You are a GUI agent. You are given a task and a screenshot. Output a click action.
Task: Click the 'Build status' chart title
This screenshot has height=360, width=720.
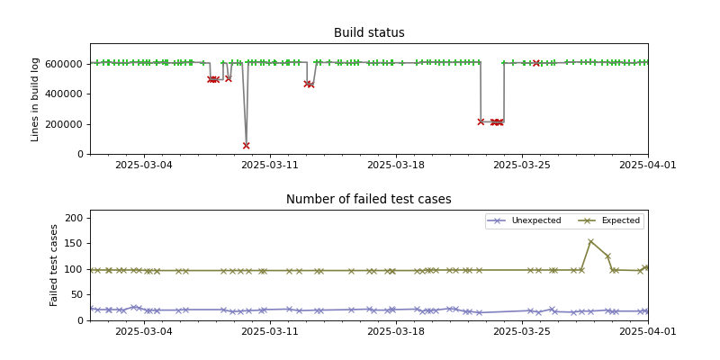(x=369, y=33)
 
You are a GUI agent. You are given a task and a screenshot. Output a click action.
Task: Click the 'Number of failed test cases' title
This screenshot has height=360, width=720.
(x=369, y=200)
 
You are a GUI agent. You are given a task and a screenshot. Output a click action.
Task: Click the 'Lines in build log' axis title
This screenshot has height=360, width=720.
(x=36, y=99)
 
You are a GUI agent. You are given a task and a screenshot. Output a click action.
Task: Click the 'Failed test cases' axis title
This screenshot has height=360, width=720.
(x=54, y=265)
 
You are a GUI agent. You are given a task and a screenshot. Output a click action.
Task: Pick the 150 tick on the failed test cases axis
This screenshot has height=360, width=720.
(x=74, y=244)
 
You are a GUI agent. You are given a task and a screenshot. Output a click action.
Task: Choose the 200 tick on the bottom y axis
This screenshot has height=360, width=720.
(x=74, y=218)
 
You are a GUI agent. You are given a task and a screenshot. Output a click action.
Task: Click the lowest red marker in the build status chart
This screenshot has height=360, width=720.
(x=246, y=145)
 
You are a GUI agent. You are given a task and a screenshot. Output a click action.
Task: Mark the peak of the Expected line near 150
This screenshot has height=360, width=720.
(x=590, y=241)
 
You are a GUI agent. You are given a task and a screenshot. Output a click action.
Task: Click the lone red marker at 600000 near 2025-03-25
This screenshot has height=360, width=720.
(x=536, y=63)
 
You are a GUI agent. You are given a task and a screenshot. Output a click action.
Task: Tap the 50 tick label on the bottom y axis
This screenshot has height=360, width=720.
(x=77, y=295)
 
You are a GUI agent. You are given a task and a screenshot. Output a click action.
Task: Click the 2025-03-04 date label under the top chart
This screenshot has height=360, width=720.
(x=144, y=166)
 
